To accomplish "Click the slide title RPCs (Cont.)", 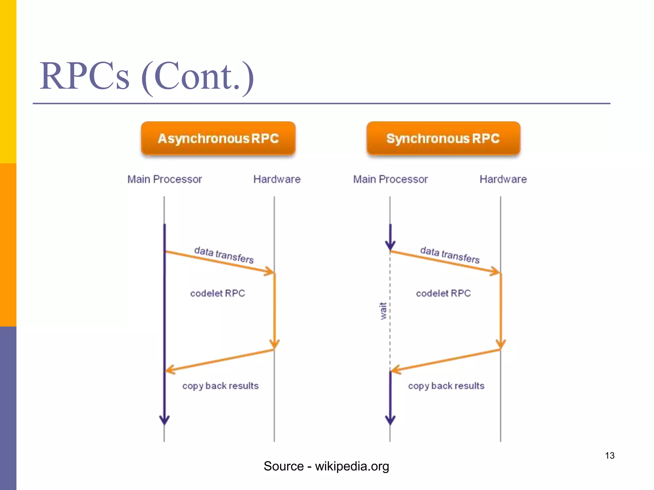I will point(147,77).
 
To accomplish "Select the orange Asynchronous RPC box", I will point(218,138).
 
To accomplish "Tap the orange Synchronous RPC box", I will point(443,138).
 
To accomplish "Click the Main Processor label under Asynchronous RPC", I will point(165,179).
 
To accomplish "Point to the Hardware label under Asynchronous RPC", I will point(277,179).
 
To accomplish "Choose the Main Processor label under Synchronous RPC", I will point(390,179).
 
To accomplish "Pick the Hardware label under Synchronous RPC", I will point(503,179).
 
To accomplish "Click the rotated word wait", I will point(383,311).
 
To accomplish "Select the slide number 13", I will point(610,456).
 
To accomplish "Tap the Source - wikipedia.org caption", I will point(326,466).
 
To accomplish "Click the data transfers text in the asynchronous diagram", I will point(224,255).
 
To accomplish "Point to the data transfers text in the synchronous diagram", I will point(450,255).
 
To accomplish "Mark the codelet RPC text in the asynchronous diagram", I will point(217,293).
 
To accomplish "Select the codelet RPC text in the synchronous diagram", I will point(443,293).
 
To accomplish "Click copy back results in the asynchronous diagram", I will point(220,386).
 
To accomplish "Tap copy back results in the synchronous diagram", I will point(446,386).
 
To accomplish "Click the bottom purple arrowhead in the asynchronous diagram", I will point(164,420).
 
